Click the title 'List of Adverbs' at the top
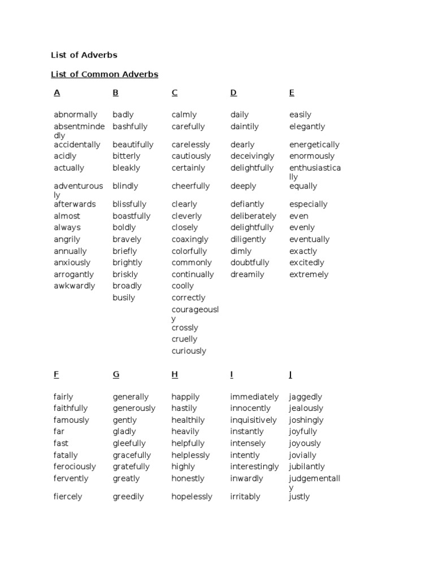click(84, 55)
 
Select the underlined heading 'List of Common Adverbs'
click(105, 75)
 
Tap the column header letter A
click(57, 93)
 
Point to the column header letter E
click(292, 93)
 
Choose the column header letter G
click(116, 374)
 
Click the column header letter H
click(175, 374)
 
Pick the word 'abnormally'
click(75, 115)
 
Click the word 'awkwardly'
click(75, 286)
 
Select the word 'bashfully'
click(130, 127)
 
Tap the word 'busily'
click(124, 298)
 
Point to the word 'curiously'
click(189, 351)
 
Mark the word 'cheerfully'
click(190, 186)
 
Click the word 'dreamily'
click(247, 275)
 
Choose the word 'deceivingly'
click(252, 156)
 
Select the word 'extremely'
click(309, 275)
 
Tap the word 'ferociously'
click(75, 467)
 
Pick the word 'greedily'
click(128, 497)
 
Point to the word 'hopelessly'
click(192, 497)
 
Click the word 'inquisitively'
click(253, 421)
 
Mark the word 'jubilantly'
click(307, 467)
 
